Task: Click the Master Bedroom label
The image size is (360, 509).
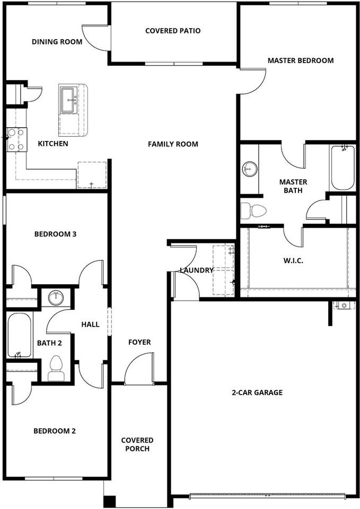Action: pyautogui.click(x=300, y=60)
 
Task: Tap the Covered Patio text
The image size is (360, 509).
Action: pyautogui.click(x=173, y=31)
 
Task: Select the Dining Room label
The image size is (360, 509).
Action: pyautogui.click(x=57, y=42)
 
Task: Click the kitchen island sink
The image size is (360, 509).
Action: pyautogui.click(x=68, y=100)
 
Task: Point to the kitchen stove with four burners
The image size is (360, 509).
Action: pyautogui.click(x=15, y=139)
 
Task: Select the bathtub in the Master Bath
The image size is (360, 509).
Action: pyautogui.click(x=343, y=168)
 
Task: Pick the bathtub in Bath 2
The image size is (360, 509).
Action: pyautogui.click(x=20, y=335)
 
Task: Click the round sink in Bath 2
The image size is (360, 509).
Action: pyautogui.click(x=56, y=299)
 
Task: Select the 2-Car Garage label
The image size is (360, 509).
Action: pyautogui.click(x=257, y=393)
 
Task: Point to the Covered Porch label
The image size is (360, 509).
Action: pyautogui.click(x=137, y=444)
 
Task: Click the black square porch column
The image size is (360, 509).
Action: pyautogui.click(x=109, y=501)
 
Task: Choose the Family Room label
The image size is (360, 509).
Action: pyautogui.click(x=173, y=144)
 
